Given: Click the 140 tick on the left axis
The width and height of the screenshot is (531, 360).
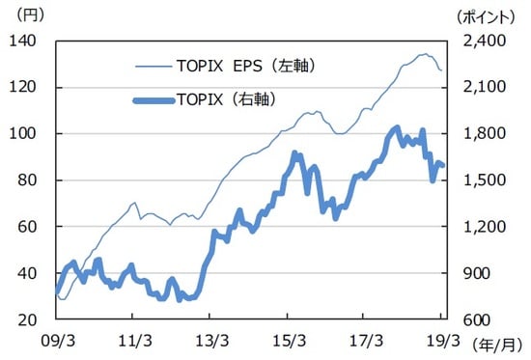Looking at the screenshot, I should [x=23, y=41].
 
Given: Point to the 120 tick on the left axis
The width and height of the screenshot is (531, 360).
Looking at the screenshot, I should [x=23, y=87].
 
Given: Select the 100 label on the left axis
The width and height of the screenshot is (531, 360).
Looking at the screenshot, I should [x=23, y=133].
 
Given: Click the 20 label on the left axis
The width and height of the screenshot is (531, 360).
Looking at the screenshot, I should [x=27, y=319].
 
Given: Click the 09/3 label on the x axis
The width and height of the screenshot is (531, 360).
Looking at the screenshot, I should [x=58, y=341].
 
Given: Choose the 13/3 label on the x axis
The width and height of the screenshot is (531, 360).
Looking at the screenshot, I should [x=211, y=341].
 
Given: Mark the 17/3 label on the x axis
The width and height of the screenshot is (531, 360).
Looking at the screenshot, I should [x=365, y=341].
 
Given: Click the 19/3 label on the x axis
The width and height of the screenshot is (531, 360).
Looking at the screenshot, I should [x=442, y=341].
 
